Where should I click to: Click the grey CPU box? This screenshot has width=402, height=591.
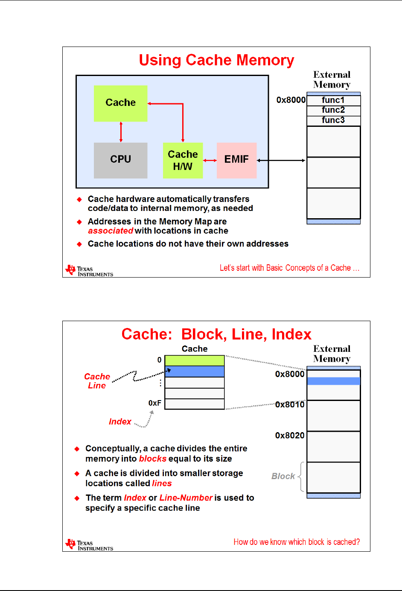coord(121,160)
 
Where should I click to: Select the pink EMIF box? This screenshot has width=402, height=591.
coord(236,160)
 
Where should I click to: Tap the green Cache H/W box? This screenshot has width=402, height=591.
coord(183,160)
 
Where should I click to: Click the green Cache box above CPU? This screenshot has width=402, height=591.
coord(121,103)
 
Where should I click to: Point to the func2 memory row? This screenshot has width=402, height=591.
coord(334,110)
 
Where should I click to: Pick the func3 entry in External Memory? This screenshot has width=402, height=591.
coord(334,120)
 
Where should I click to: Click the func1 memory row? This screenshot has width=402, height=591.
coord(334,100)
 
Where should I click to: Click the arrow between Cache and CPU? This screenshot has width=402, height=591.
coord(121,132)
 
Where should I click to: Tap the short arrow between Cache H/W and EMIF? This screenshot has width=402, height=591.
coord(210,161)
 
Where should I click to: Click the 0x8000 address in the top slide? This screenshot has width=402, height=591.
coord(291,100)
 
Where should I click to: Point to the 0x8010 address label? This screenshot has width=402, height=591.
coord(290,404)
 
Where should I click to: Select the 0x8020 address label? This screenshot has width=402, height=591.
coord(290,436)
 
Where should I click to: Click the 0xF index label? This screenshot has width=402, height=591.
coord(155,403)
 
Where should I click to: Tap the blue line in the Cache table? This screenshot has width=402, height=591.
coord(195,371)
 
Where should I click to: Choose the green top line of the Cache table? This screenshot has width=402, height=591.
coord(195,360)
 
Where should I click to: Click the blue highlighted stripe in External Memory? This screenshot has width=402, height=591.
coord(334,381)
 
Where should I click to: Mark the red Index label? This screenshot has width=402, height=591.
coord(120,422)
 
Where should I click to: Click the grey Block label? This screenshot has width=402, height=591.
coord(283,476)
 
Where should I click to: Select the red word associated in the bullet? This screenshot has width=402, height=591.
coord(111,231)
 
